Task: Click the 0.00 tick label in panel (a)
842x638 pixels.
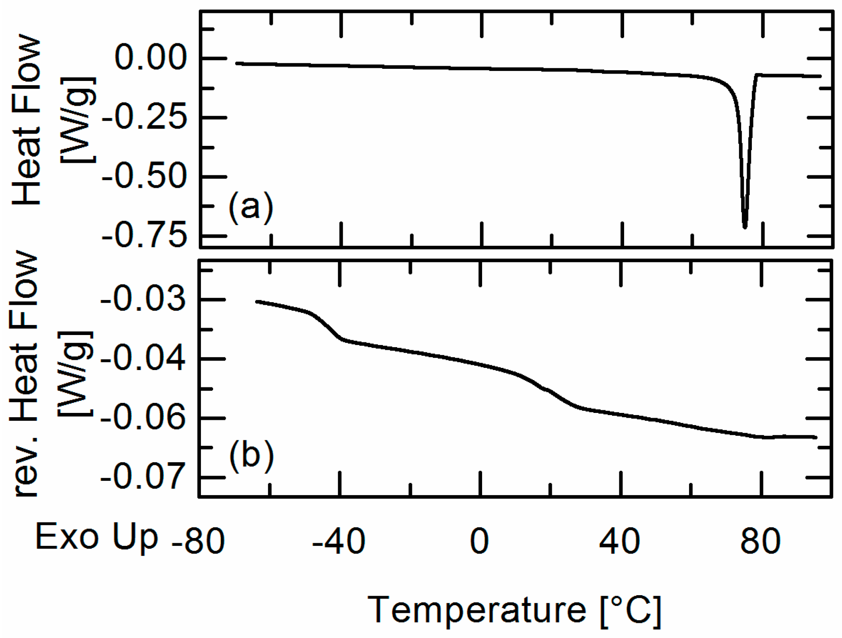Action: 150,58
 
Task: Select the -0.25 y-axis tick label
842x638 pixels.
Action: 144,117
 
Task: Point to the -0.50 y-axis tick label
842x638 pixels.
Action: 144,177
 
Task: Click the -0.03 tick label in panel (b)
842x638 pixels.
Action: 143,300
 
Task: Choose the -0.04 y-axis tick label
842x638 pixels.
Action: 143,359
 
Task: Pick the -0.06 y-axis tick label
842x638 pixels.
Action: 143,418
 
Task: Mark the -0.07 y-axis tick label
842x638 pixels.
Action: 143,477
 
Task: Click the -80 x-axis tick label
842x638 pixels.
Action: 198,541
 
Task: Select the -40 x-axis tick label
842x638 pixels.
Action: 339,541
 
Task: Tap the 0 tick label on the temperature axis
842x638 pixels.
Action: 479,541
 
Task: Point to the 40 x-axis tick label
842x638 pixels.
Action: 619,541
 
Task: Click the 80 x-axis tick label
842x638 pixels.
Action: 761,541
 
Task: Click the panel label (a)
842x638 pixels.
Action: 251,207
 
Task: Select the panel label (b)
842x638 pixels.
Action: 251,455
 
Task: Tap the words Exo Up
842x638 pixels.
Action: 97,537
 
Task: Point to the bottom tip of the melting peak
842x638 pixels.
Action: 745,227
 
